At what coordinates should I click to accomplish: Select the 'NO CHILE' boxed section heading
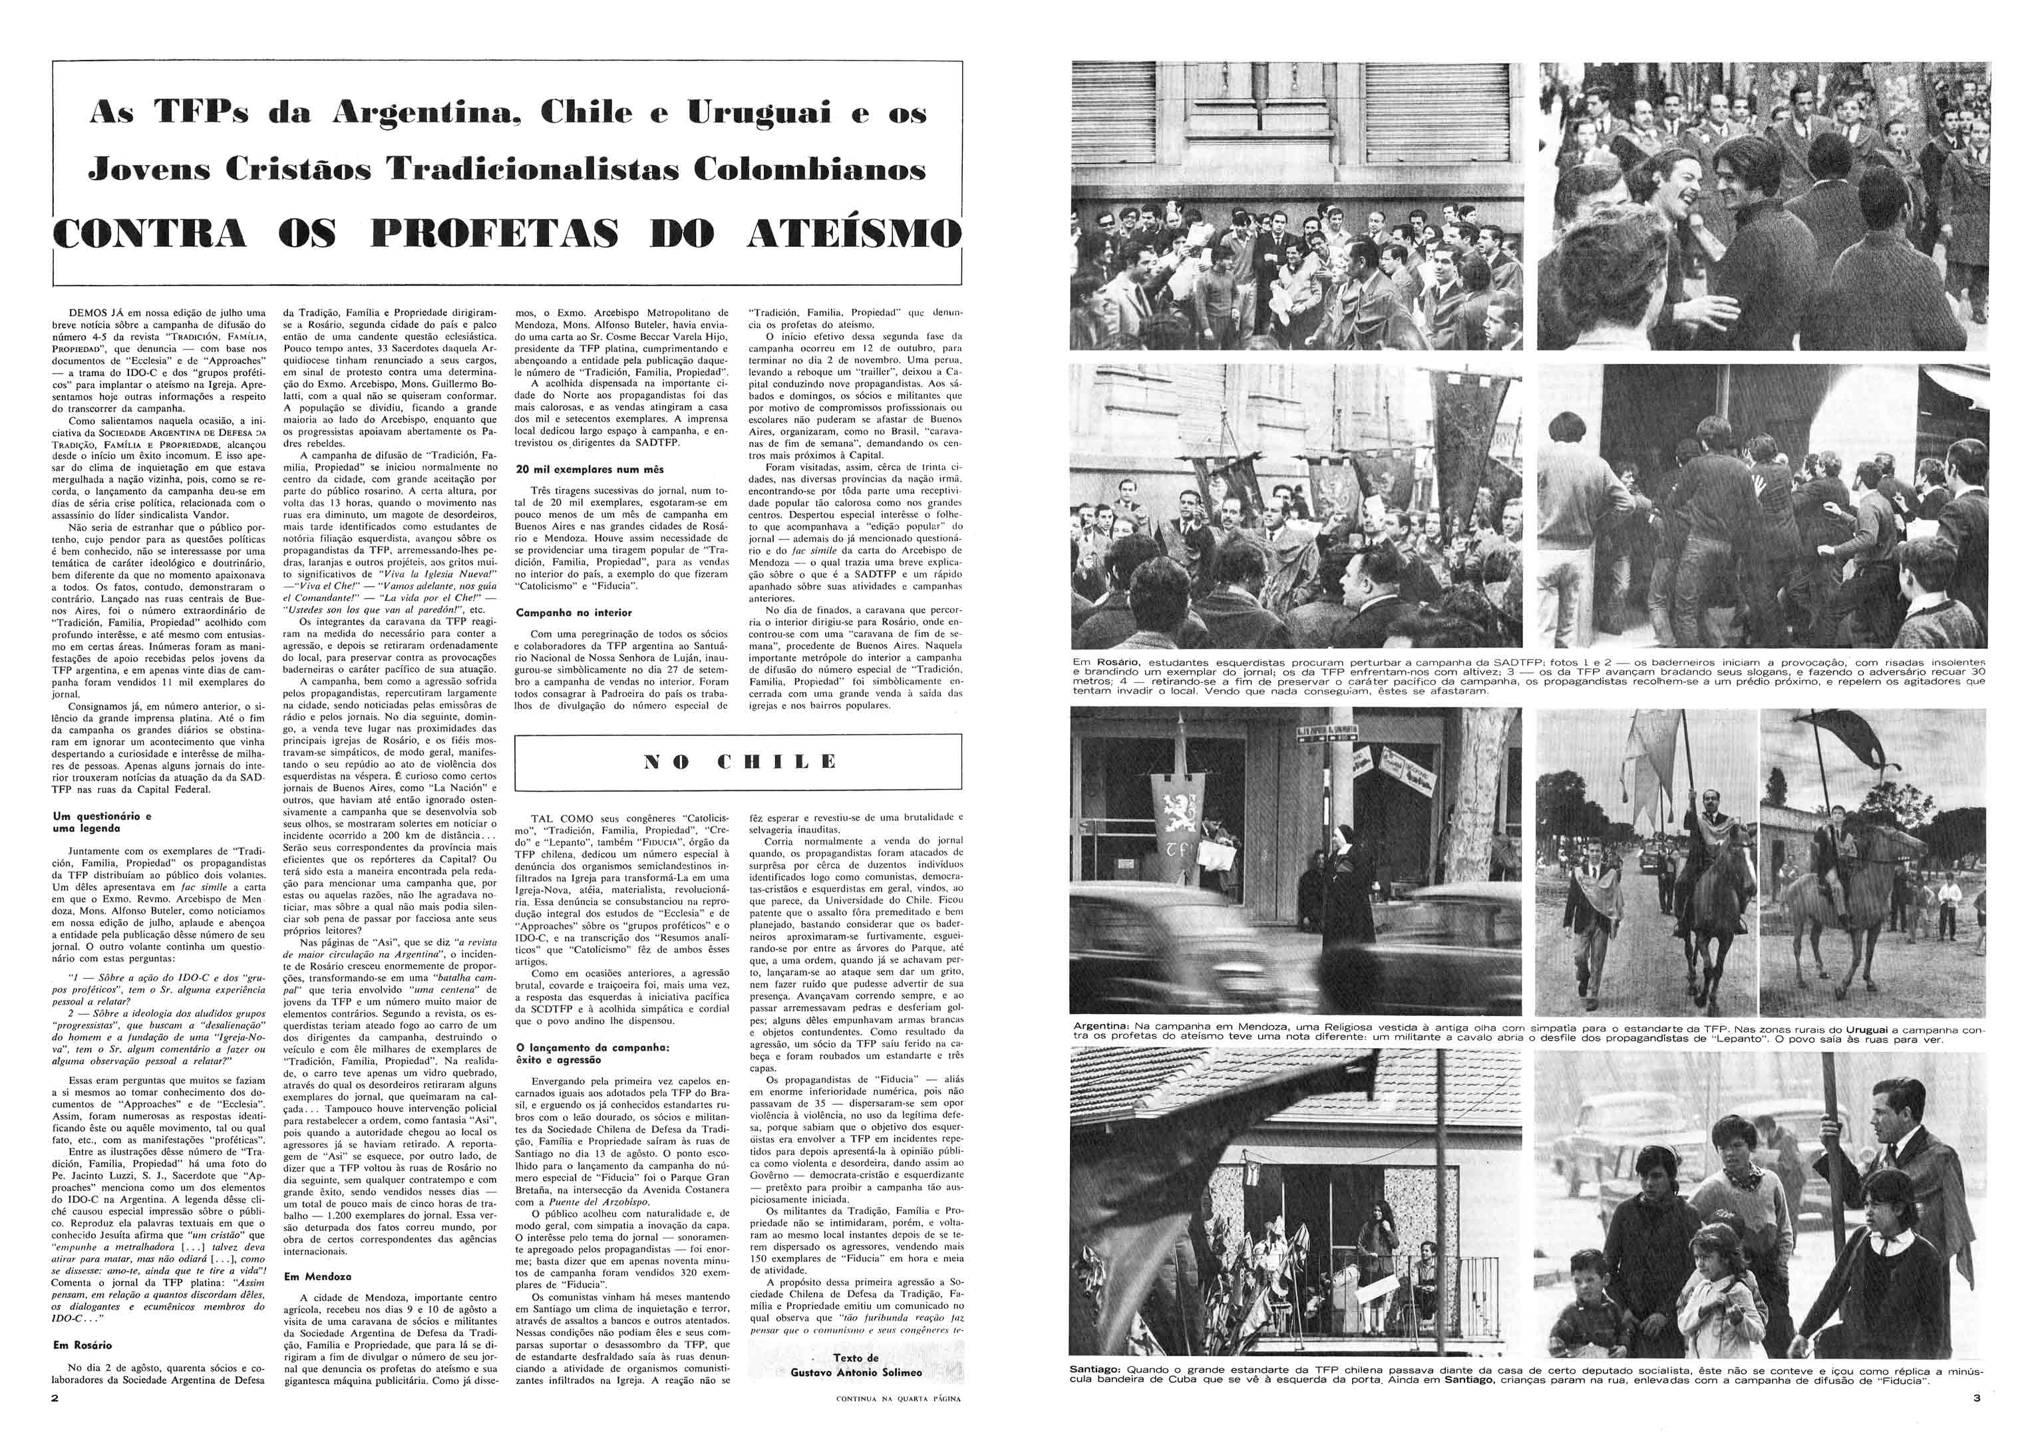click(739, 761)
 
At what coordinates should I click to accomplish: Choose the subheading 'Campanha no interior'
click(574, 613)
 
